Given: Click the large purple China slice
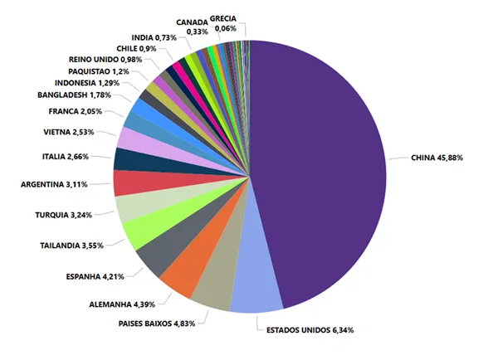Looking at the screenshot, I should point(324,166).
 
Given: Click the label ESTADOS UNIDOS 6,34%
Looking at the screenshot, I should point(309,330).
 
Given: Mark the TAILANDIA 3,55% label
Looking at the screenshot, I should point(73,246).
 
